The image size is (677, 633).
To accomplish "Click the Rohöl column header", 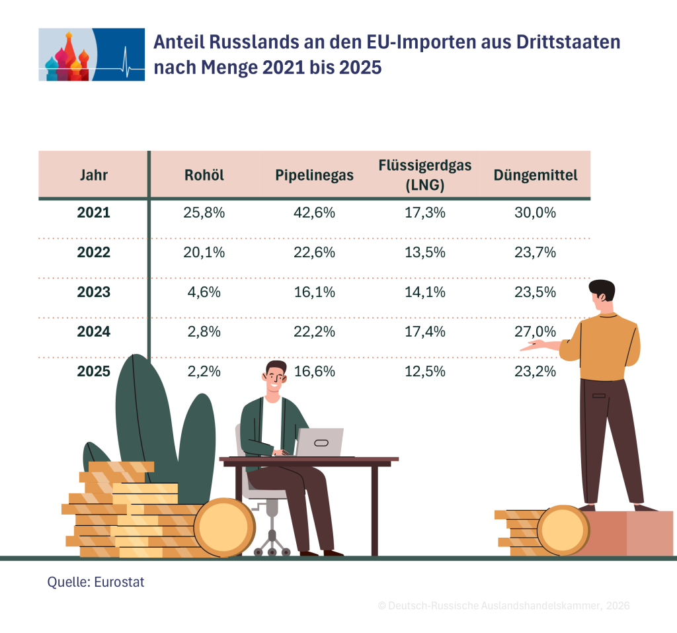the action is [x=204, y=175].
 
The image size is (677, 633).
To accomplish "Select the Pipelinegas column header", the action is [x=314, y=175].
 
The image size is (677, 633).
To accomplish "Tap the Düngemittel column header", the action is [x=536, y=175].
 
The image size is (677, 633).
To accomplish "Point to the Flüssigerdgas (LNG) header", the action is [x=425, y=175].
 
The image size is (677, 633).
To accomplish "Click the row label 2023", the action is [x=94, y=292].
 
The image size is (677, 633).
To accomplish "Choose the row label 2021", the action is [x=94, y=212].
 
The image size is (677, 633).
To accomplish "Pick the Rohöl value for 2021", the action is [x=204, y=212].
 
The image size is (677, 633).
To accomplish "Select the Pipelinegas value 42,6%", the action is [x=314, y=212].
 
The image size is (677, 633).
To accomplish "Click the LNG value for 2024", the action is [x=425, y=332].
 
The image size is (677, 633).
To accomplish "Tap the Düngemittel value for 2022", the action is [x=536, y=252].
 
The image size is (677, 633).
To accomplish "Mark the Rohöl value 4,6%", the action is [x=204, y=292].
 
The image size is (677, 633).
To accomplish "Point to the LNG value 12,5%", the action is [x=425, y=372].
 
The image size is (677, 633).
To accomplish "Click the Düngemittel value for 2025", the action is [x=536, y=372].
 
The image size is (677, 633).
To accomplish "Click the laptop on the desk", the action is [x=319, y=442].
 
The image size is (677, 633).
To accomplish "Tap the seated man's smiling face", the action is [x=275, y=380].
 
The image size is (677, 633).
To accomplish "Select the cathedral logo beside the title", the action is [x=91, y=54].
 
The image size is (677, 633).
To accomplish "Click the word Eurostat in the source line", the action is [x=119, y=582].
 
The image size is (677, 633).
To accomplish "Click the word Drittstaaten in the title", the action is [x=568, y=42].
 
